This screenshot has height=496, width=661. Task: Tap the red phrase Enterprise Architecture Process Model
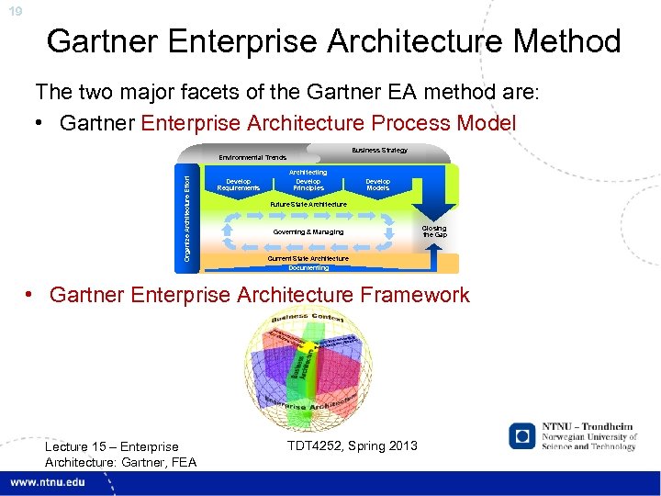(328, 123)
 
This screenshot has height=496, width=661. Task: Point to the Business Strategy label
(379, 151)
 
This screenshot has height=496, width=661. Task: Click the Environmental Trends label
(252, 158)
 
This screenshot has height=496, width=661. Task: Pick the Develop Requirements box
(238, 185)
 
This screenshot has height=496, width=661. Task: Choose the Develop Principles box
(308, 185)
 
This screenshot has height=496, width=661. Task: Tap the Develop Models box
(377, 185)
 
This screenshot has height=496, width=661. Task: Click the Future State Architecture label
(308, 204)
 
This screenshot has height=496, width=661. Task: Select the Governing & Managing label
(308, 232)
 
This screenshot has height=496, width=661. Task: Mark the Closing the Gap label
(433, 231)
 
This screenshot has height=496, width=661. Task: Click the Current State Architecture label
(308, 259)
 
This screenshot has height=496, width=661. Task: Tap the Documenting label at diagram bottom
(308, 268)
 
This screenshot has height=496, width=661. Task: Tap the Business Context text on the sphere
(308, 320)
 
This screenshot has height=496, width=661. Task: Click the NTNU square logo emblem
(523, 437)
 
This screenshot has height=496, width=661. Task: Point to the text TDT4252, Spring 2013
(352, 445)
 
